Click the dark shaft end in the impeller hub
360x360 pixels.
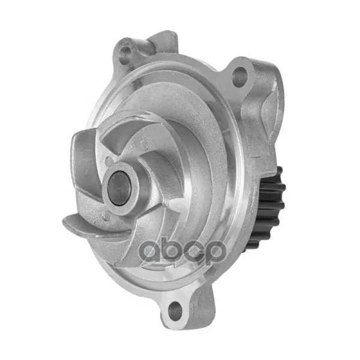[x=119, y=188]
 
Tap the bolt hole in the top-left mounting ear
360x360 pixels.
[x=125, y=54]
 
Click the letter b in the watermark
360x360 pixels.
[x=174, y=248]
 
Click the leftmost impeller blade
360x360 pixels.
[x=85, y=161]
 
